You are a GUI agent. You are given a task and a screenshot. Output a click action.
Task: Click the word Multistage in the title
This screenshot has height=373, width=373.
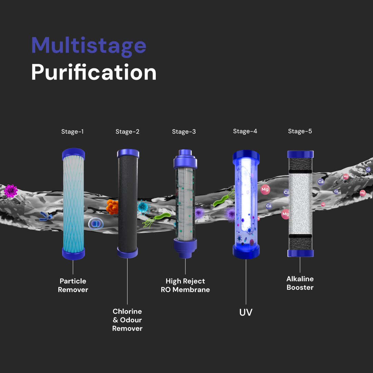(89, 46)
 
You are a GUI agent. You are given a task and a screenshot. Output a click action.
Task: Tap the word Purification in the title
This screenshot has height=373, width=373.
(94, 73)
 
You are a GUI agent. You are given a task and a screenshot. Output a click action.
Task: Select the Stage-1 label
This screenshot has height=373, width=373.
(73, 132)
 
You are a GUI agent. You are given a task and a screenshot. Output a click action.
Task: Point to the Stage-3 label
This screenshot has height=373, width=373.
(184, 132)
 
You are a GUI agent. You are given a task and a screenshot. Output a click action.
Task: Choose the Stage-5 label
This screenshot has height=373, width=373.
(300, 131)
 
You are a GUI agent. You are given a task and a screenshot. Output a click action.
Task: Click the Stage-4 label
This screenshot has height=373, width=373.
(245, 131)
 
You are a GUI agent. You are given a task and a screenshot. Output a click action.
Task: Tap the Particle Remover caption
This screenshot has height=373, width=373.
(73, 285)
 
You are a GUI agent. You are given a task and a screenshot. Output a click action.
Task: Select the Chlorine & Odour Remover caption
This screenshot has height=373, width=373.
(127, 320)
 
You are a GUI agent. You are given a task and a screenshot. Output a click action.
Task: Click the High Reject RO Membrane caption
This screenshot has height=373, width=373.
(185, 285)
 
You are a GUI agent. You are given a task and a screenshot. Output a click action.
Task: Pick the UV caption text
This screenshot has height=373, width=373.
(246, 313)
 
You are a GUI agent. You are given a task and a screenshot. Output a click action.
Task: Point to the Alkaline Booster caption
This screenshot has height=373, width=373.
(300, 283)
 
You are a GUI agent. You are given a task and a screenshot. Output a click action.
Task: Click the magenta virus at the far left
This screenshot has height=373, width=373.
(11, 191)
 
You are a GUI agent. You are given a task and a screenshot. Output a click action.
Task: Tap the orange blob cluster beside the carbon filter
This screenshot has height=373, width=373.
(112, 207)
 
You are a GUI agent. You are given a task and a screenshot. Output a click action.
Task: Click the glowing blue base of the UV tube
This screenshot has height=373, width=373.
(246, 252)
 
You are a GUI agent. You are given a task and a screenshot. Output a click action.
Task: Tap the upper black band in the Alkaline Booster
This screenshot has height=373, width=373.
(300, 172)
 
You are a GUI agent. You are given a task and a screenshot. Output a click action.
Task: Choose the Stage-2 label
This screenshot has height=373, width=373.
(127, 132)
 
